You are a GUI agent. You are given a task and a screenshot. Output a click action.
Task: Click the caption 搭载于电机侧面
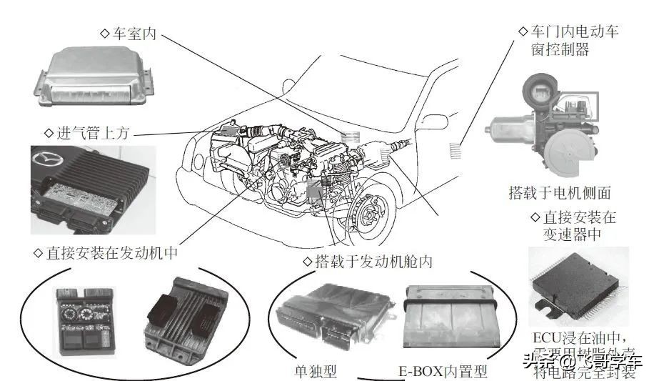(x=559, y=193)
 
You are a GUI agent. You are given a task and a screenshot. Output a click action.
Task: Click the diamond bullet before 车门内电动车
(x=522, y=33)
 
